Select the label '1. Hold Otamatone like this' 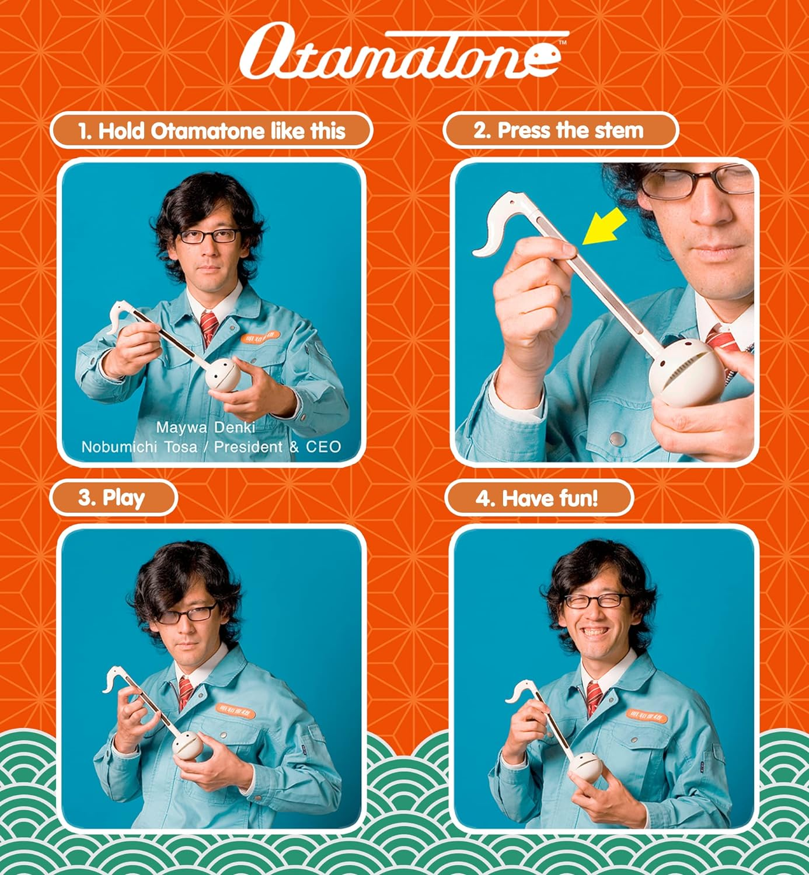point(211,131)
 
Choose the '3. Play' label point(112,498)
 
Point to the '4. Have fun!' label point(537,498)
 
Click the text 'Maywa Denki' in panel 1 point(205,428)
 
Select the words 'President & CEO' point(277,447)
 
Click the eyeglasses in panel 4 point(595,601)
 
